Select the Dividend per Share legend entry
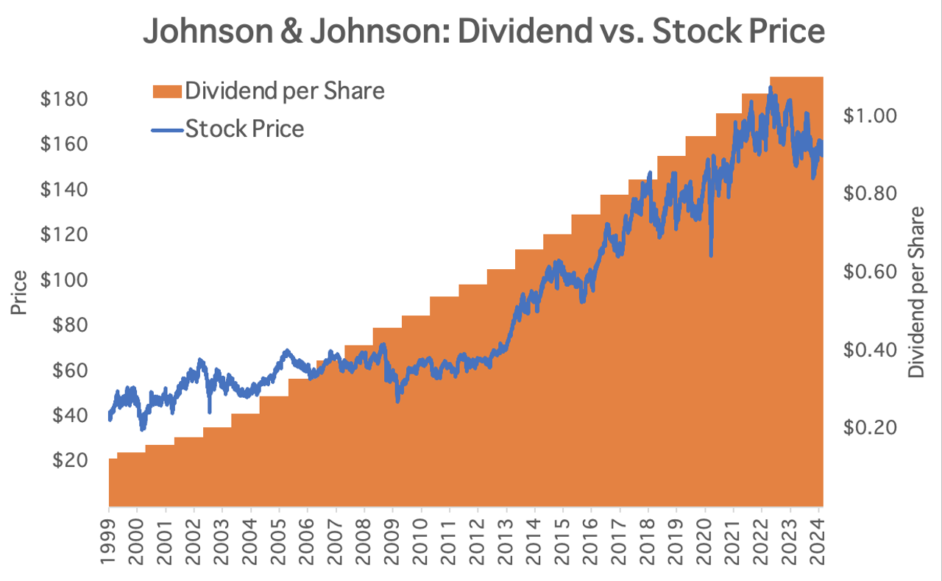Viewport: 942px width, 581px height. tap(285, 91)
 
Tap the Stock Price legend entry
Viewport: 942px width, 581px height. tap(244, 129)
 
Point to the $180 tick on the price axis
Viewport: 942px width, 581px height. tap(64, 99)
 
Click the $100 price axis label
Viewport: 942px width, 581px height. tap(64, 279)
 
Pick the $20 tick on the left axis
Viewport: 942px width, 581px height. tap(70, 460)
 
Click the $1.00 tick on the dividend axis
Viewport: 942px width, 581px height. tap(868, 115)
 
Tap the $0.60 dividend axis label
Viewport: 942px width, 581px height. tap(868, 271)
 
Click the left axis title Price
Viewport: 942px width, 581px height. tap(20, 293)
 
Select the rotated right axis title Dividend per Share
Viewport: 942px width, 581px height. tap(916, 293)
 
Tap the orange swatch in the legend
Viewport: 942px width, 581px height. tap(166, 91)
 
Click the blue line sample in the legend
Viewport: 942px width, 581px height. tap(166, 129)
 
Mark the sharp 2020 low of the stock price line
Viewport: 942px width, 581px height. tap(711, 255)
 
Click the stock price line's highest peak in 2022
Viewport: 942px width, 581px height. tap(770, 87)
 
